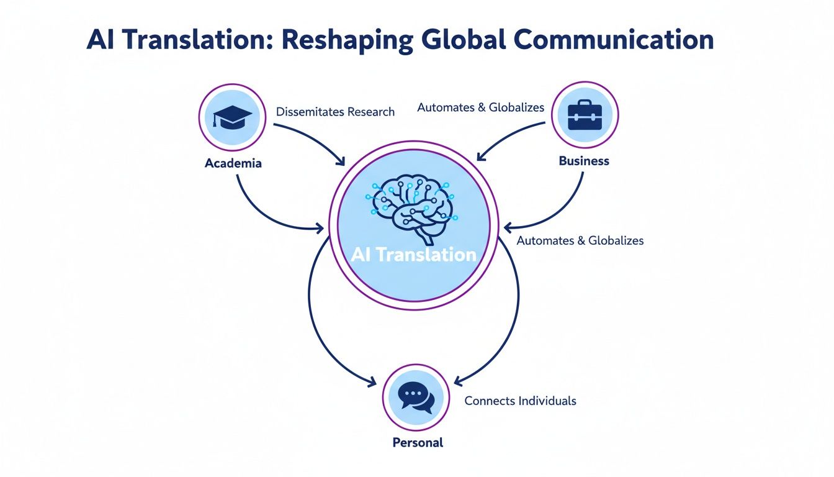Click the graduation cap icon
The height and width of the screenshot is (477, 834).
point(232,117)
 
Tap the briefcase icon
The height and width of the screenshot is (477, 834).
point(585,115)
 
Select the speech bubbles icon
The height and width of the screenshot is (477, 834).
point(415,398)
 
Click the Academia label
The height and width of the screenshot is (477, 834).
point(233,163)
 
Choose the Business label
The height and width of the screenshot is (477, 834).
point(584,161)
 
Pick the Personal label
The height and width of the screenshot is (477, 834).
point(418,443)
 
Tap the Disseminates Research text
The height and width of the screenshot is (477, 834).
point(335,112)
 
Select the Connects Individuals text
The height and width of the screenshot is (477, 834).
point(520,401)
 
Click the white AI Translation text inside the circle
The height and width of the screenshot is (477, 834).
point(413,255)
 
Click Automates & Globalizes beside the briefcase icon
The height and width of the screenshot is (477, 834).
point(480,107)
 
